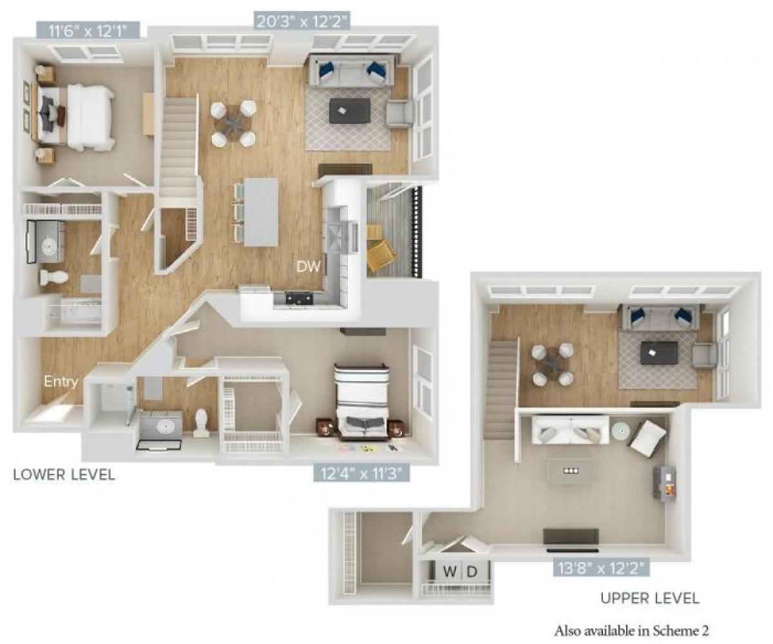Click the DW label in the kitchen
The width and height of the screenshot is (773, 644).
click(309, 266)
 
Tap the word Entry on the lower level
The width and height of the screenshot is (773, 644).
click(61, 382)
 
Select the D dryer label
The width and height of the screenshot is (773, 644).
click(472, 571)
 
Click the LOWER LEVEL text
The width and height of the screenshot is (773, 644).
click(64, 475)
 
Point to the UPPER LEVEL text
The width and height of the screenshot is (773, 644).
click(649, 598)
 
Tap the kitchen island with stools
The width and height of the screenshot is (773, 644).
click(261, 211)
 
